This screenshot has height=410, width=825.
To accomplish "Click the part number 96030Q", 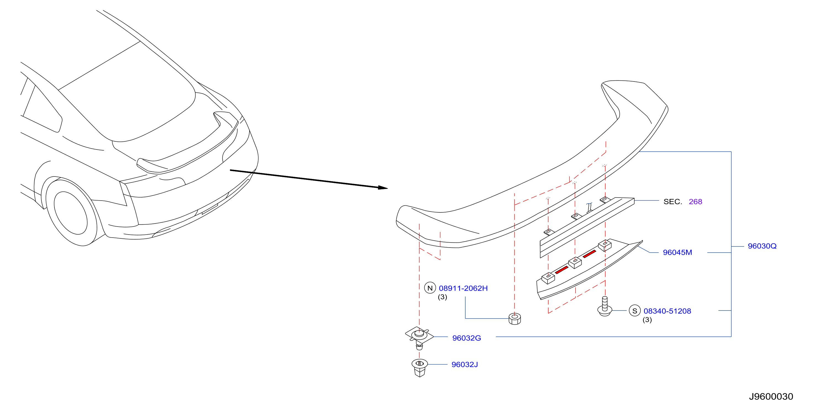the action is [x=762, y=246].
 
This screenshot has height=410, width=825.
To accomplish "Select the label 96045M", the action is [x=677, y=253].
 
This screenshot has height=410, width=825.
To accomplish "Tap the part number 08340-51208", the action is [x=668, y=311].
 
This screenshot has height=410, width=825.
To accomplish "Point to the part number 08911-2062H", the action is [x=463, y=288].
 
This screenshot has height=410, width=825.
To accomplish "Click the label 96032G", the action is [x=467, y=338].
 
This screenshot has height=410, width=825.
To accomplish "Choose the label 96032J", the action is [x=465, y=364].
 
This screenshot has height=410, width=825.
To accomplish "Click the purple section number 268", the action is [x=695, y=201].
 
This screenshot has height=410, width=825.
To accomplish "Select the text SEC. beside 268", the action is [x=672, y=201].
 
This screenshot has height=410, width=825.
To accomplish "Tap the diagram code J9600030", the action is [x=771, y=396].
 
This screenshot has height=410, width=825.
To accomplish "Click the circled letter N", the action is [x=430, y=288].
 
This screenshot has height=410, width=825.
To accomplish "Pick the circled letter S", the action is [x=635, y=311].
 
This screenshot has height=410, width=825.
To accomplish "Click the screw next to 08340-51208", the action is [x=605, y=307].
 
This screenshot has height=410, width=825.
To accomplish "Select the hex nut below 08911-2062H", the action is [x=515, y=319].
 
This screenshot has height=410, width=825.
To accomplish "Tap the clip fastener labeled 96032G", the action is [x=419, y=338].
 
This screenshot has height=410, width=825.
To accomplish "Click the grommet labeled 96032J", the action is [x=420, y=368].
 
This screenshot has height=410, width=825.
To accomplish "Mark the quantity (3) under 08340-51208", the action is [x=647, y=320].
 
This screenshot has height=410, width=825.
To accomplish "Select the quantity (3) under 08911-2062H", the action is [x=442, y=297].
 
